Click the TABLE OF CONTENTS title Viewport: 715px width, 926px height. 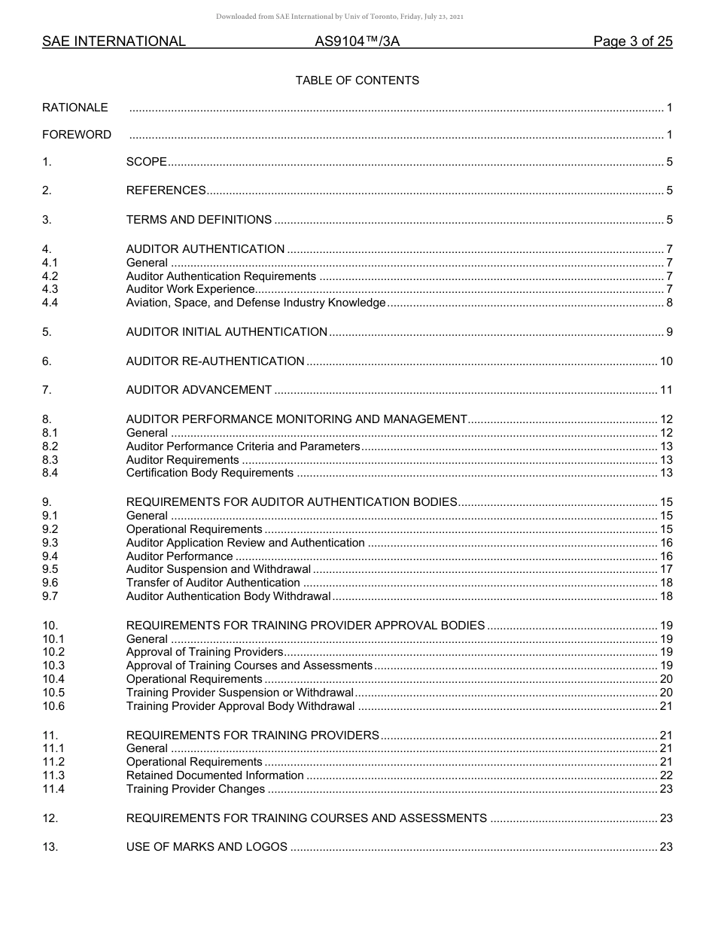357,81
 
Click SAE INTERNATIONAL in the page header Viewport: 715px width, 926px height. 114,42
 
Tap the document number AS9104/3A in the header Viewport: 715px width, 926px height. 357,42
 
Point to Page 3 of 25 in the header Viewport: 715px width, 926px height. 632,42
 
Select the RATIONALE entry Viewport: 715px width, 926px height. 75,108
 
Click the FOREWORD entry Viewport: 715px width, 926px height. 77,135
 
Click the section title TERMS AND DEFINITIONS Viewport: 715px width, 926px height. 199,220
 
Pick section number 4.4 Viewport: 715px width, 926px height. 50,303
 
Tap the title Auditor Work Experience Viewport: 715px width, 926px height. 190,289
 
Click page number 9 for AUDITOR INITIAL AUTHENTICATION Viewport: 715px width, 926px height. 669,332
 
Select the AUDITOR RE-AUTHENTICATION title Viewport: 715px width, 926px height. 215,361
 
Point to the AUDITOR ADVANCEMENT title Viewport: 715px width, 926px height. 199,390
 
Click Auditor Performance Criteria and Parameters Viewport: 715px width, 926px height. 243,446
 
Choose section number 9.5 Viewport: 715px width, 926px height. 50,569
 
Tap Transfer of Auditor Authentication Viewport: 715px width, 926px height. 213,583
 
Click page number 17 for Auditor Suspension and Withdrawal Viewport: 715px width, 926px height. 666,569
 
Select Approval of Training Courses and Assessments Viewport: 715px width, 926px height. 249,666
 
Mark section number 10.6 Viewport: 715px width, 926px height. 53,706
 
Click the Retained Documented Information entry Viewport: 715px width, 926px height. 215,775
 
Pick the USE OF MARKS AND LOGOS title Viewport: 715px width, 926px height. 207,847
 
